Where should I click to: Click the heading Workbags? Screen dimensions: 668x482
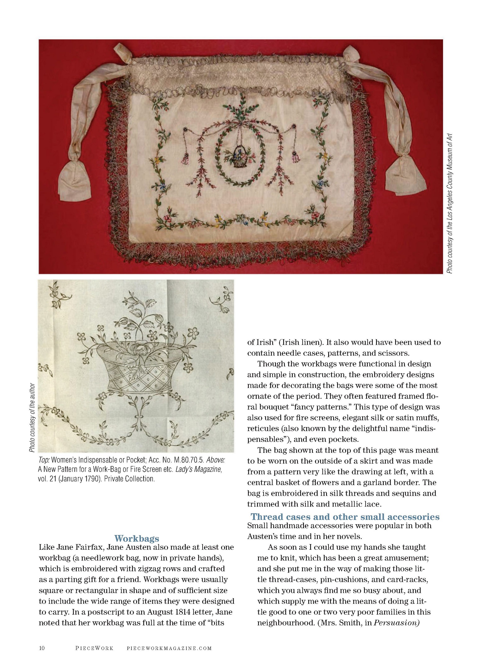(x=136, y=538)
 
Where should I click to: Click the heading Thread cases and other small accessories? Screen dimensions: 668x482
(x=345, y=517)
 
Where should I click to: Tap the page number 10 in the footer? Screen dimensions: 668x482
(x=42, y=648)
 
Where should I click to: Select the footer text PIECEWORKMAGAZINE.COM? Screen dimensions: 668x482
(x=169, y=648)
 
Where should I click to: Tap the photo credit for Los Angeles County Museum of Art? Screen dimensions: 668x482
(x=449, y=203)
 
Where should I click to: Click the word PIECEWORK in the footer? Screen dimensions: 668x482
(x=94, y=648)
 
